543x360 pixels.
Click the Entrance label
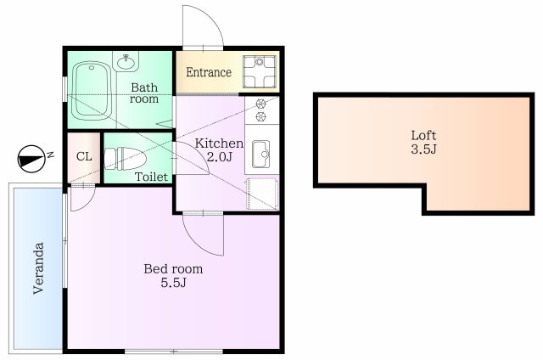coord(209,72)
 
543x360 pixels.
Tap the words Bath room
coord(144,93)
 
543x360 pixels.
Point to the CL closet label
coord(84,157)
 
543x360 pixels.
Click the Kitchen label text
coord(220,143)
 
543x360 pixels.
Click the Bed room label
coord(173,268)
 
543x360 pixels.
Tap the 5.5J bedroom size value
coord(173,283)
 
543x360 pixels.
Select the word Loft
coord(424,135)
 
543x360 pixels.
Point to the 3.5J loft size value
coord(424,150)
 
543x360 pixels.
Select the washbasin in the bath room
coord(128,62)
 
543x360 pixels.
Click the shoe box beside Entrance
coord(259,70)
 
